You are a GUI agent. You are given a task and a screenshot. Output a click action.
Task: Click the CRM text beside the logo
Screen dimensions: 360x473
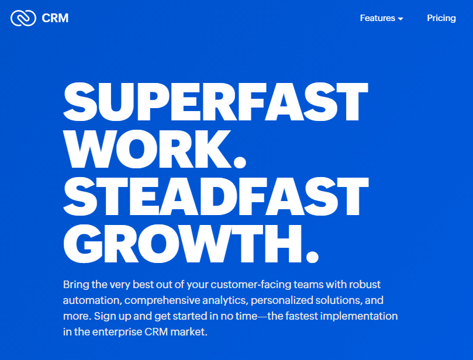click(56, 18)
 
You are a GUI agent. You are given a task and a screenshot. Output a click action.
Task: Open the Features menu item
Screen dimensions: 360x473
click(377, 18)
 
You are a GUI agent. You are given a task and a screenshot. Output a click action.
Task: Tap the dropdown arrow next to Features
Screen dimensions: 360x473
click(401, 19)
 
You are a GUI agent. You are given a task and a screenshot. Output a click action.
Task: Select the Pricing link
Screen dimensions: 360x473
click(441, 18)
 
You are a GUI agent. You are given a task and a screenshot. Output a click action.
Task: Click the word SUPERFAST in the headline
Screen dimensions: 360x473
click(215, 102)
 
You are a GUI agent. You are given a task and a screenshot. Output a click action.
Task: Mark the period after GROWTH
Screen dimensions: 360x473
click(312, 255)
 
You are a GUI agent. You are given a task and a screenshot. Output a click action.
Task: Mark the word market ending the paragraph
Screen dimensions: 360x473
click(189, 332)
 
